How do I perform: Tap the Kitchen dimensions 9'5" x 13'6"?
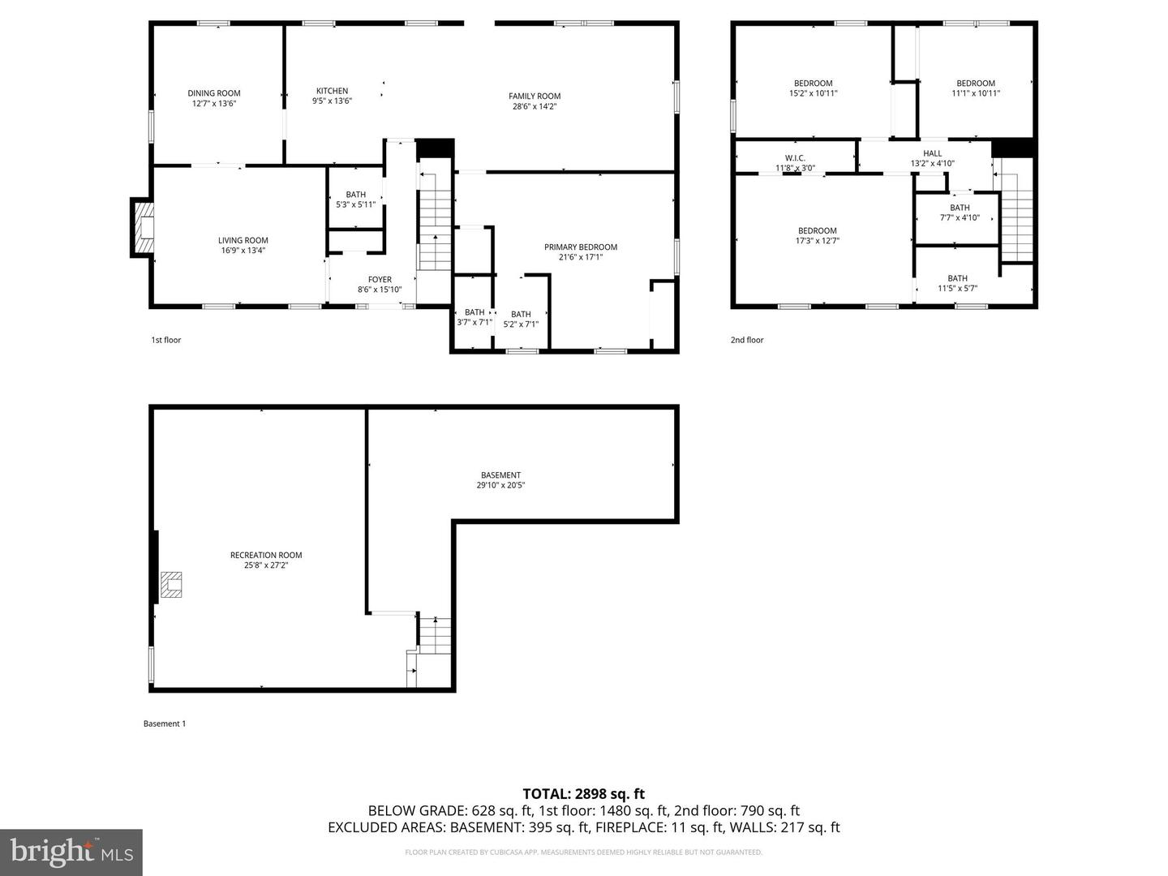[332, 101]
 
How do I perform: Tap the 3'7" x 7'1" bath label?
[474, 317]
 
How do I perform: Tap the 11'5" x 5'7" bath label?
[958, 283]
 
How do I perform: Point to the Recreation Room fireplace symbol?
[171, 584]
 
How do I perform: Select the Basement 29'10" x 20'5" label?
[500, 480]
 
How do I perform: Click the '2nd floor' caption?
[747, 340]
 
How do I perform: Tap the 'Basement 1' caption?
[165, 724]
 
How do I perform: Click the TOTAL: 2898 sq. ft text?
[583, 794]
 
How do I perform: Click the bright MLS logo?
[71, 852]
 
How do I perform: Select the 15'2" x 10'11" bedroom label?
[813, 88]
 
